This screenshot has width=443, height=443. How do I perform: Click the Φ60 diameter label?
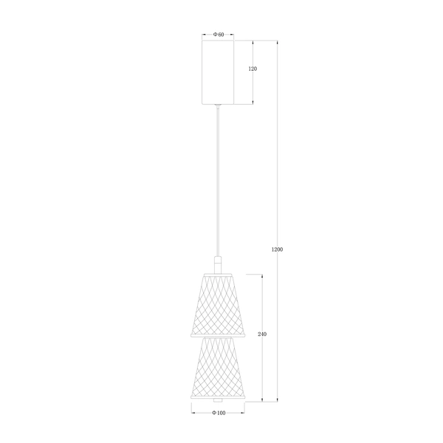[219, 35]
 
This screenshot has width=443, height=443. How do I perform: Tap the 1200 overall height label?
[277, 249]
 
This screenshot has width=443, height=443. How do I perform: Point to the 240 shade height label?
[262, 334]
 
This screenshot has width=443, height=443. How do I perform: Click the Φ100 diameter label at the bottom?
[219, 413]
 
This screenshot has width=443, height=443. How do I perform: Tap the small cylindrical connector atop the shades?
[219, 264]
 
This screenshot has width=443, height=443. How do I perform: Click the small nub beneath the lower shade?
[219, 402]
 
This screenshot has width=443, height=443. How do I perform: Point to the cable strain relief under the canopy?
[219, 107]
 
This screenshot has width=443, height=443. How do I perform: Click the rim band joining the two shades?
[219, 337]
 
